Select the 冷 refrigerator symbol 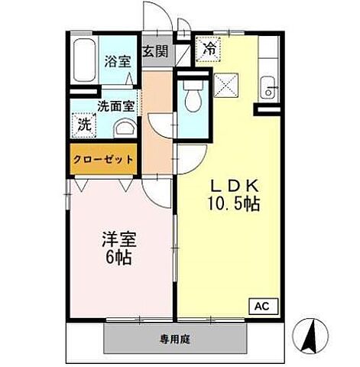pyautogui.click(x=209, y=47)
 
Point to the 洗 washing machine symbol pyautogui.click(x=80, y=124)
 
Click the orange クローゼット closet pyautogui.click(x=103, y=160)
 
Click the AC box pyautogui.click(x=261, y=305)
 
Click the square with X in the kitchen pyautogui.click(x=227, y=84)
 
